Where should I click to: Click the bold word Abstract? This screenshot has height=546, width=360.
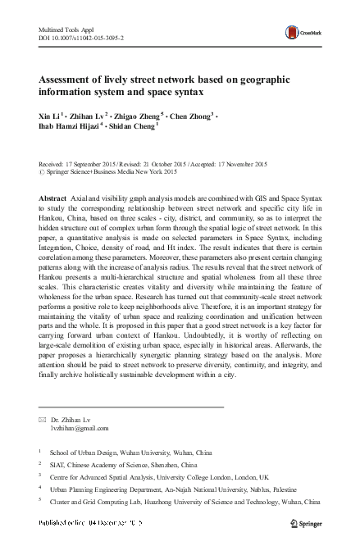coord(53,200)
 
